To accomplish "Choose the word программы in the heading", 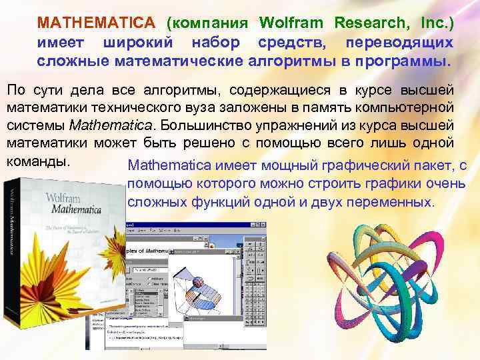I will click(x=399, y=62).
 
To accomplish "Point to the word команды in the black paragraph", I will click(x=38, y=161).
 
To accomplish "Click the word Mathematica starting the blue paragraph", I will click(x=167, y=166).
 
